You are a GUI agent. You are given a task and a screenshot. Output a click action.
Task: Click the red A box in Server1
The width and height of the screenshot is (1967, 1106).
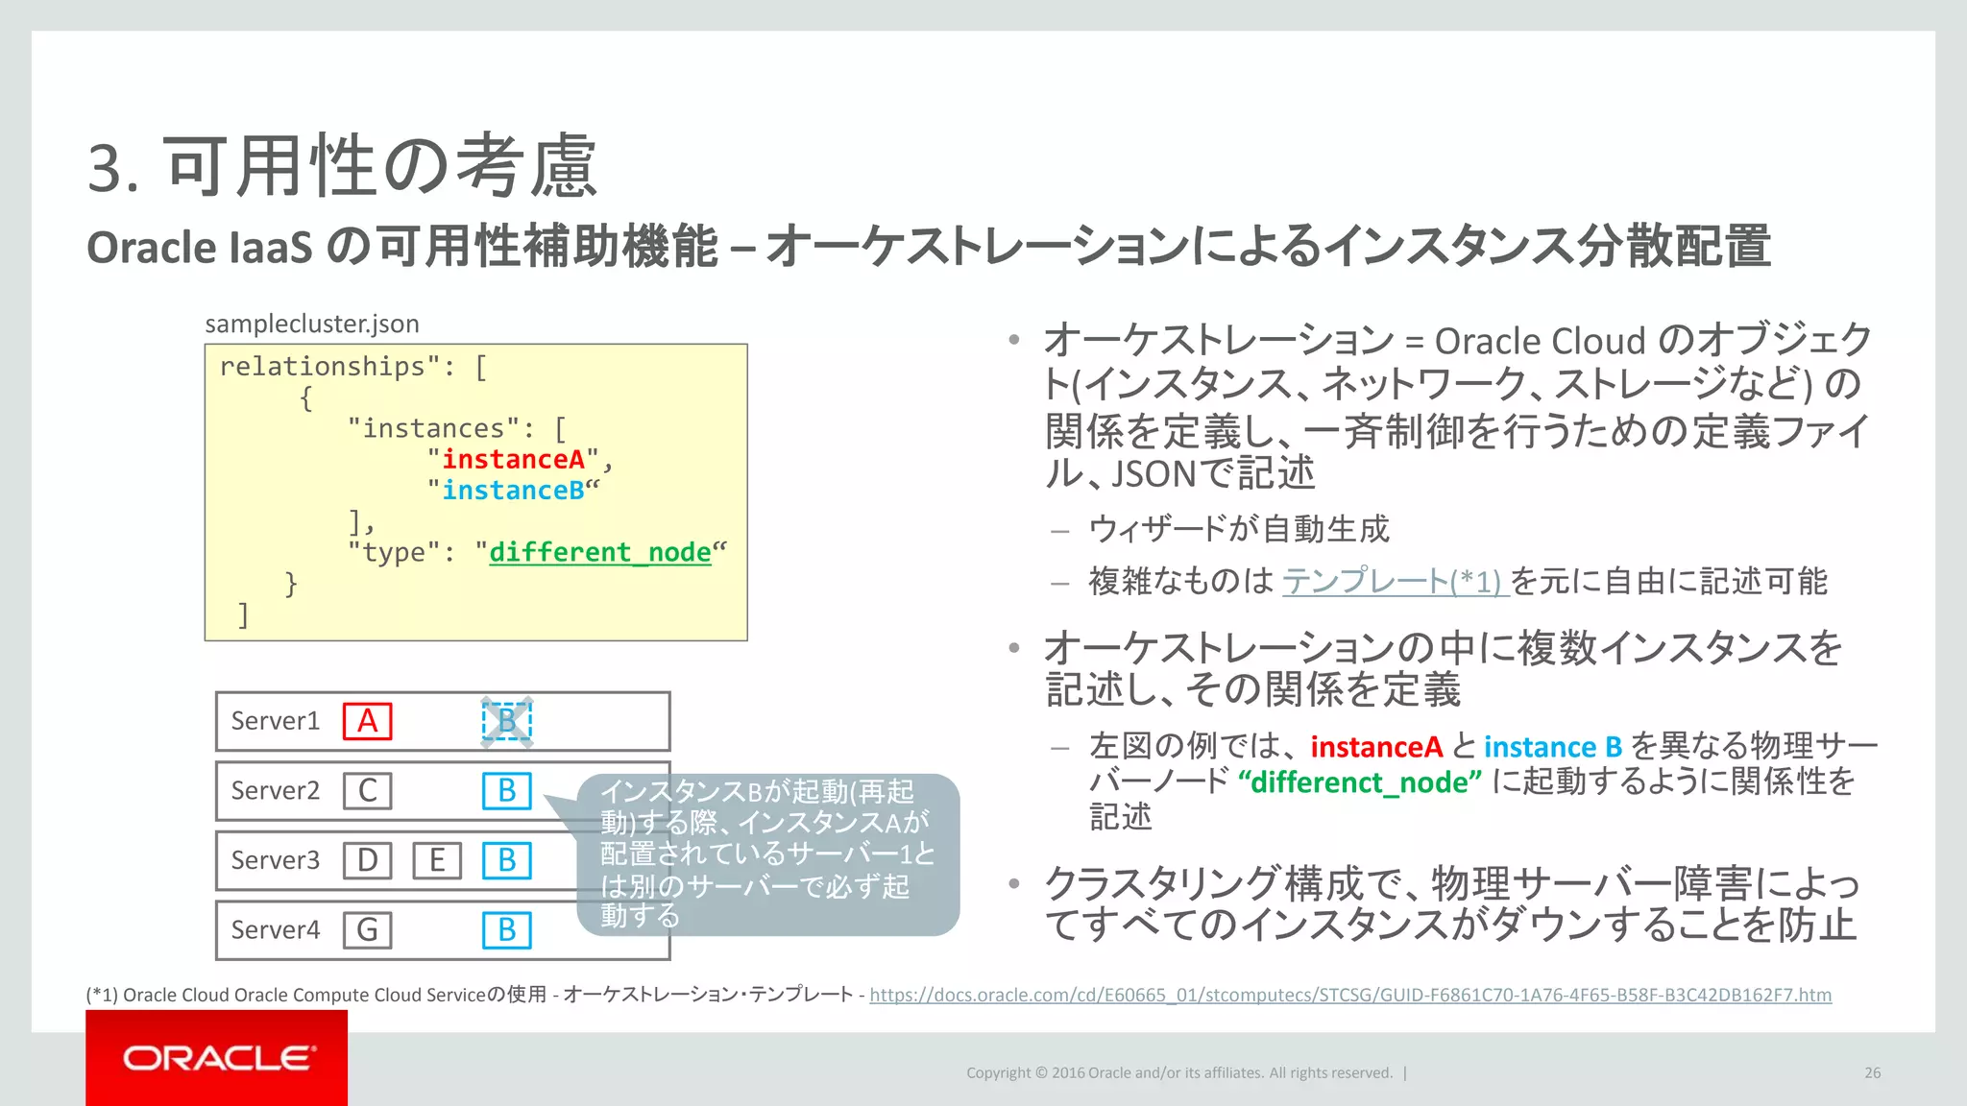point(368,721)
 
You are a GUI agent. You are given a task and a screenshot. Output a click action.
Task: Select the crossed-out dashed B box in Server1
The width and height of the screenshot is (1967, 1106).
point(506,721)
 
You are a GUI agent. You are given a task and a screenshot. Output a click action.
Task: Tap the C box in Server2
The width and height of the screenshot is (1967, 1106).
point(368,791)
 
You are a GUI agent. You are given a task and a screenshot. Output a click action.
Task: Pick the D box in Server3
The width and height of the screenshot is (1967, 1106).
point(368,860)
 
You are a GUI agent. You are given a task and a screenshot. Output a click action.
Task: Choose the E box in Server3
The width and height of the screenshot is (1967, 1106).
point(437,860)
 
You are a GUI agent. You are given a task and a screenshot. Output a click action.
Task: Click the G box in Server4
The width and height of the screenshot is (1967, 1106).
point(368,929)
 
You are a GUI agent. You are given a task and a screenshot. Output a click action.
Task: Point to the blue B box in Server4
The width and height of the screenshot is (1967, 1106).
point(506,929)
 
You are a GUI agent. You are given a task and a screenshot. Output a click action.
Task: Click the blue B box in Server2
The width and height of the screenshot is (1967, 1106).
point(506,791)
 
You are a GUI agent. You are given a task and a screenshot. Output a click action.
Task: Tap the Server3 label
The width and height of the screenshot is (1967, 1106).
point(275,860)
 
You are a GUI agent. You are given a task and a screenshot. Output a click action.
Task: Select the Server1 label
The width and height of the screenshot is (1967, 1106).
point(275,721)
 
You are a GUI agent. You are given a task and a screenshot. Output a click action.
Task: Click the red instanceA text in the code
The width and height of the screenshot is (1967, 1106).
point(513,460)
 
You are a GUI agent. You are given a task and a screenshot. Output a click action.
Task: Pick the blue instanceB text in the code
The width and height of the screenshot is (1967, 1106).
point(513,491)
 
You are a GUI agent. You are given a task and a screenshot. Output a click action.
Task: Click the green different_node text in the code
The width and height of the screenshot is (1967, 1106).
point(600,553)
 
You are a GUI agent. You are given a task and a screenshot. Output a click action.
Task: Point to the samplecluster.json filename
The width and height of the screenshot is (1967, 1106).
point(312,324)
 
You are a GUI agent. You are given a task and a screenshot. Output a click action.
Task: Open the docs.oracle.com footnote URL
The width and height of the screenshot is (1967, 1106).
point(1350,995)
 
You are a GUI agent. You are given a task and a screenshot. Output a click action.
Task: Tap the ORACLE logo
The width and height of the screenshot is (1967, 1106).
point(217,1058)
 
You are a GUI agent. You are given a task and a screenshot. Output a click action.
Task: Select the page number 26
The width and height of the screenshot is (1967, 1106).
point(1872,1072)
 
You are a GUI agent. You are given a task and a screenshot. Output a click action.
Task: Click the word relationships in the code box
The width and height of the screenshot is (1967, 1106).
point(323,367)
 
